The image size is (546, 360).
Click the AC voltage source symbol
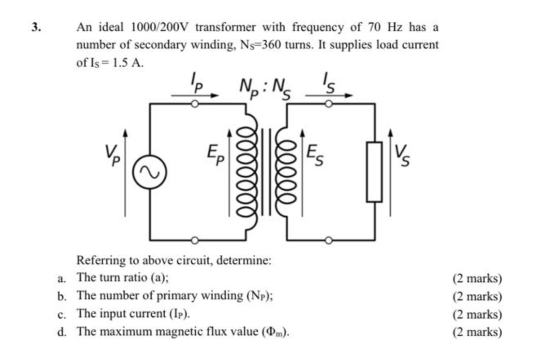pyautogui.click(x=149, y=171)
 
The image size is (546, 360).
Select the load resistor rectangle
pyautogui.click(x=374, y=171)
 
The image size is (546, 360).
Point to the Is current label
pyautogui.click(x=328, y=82)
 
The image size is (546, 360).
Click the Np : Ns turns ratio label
pyautogui.click(x=265, y=88)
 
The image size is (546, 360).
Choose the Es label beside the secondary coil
pyautogui.click(x=315, y=154)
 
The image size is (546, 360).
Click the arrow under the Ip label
pyautogui.click(x=195, y=95)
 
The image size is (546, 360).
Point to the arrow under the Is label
pyautogui.click(x=328, y=95)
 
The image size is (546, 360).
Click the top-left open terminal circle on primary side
pyautogui.click(x=195, y=104)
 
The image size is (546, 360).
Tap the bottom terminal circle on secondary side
pyautogui.click(x=328, y=240)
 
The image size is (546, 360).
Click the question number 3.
pyautogui.click(x=36, y=27)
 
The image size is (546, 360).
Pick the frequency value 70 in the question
pyautogui.click(x=374, y=27)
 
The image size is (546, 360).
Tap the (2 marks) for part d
pyautogui.click(x=477, y=331)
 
